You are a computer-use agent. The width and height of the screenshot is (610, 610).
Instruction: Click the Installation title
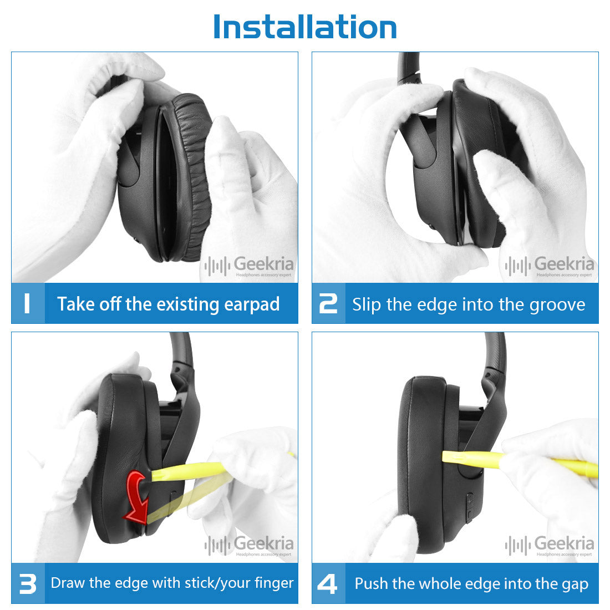click(305, 27)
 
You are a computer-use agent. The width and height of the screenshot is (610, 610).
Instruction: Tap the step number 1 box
click(28, 303)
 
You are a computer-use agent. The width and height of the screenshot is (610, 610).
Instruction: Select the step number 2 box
click(328, 303)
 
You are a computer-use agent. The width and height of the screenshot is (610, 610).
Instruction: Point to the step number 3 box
click(28, 583)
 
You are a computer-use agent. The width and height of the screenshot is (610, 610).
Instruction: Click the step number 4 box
click(328, 583)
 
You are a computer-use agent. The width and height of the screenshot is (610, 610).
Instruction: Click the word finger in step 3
click(274, 583)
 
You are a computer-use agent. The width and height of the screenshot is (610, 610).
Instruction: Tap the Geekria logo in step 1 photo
click(249, 266)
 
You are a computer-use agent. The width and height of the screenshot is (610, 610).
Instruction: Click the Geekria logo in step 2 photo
click(550, 266)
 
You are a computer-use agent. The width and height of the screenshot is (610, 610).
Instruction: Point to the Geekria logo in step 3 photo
click(249, 546)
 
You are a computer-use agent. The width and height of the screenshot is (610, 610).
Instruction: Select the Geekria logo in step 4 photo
click(550, 546)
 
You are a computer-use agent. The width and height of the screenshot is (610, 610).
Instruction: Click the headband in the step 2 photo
click(409, 68)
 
